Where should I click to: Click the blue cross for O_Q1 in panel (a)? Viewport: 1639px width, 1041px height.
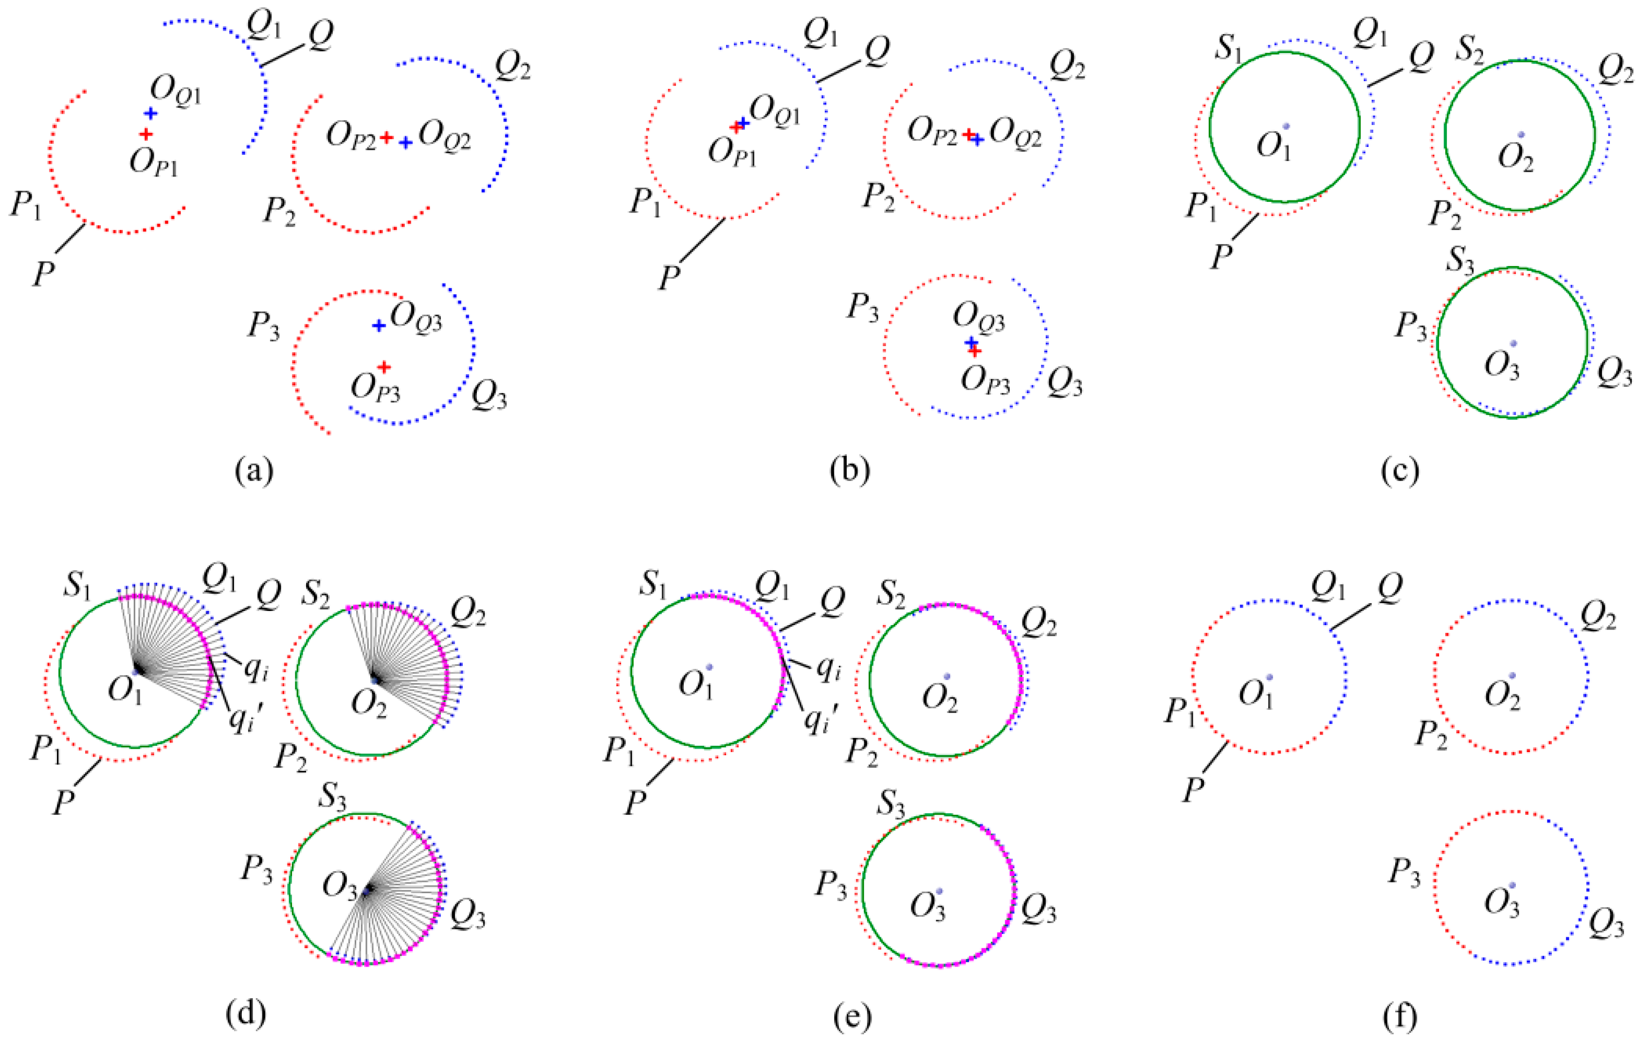coord(150,113)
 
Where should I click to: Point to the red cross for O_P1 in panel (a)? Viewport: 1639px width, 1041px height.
coord(146,135)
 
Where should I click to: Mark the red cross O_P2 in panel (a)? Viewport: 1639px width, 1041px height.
coord(386,138)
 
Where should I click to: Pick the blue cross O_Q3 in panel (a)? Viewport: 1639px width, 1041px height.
coord(379,326)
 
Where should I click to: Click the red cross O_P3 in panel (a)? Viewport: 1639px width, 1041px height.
coord(384,367)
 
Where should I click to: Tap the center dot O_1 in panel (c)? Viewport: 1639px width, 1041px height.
coord(1286,126)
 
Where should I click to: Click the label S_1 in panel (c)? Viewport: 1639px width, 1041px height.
coord(1230,48)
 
